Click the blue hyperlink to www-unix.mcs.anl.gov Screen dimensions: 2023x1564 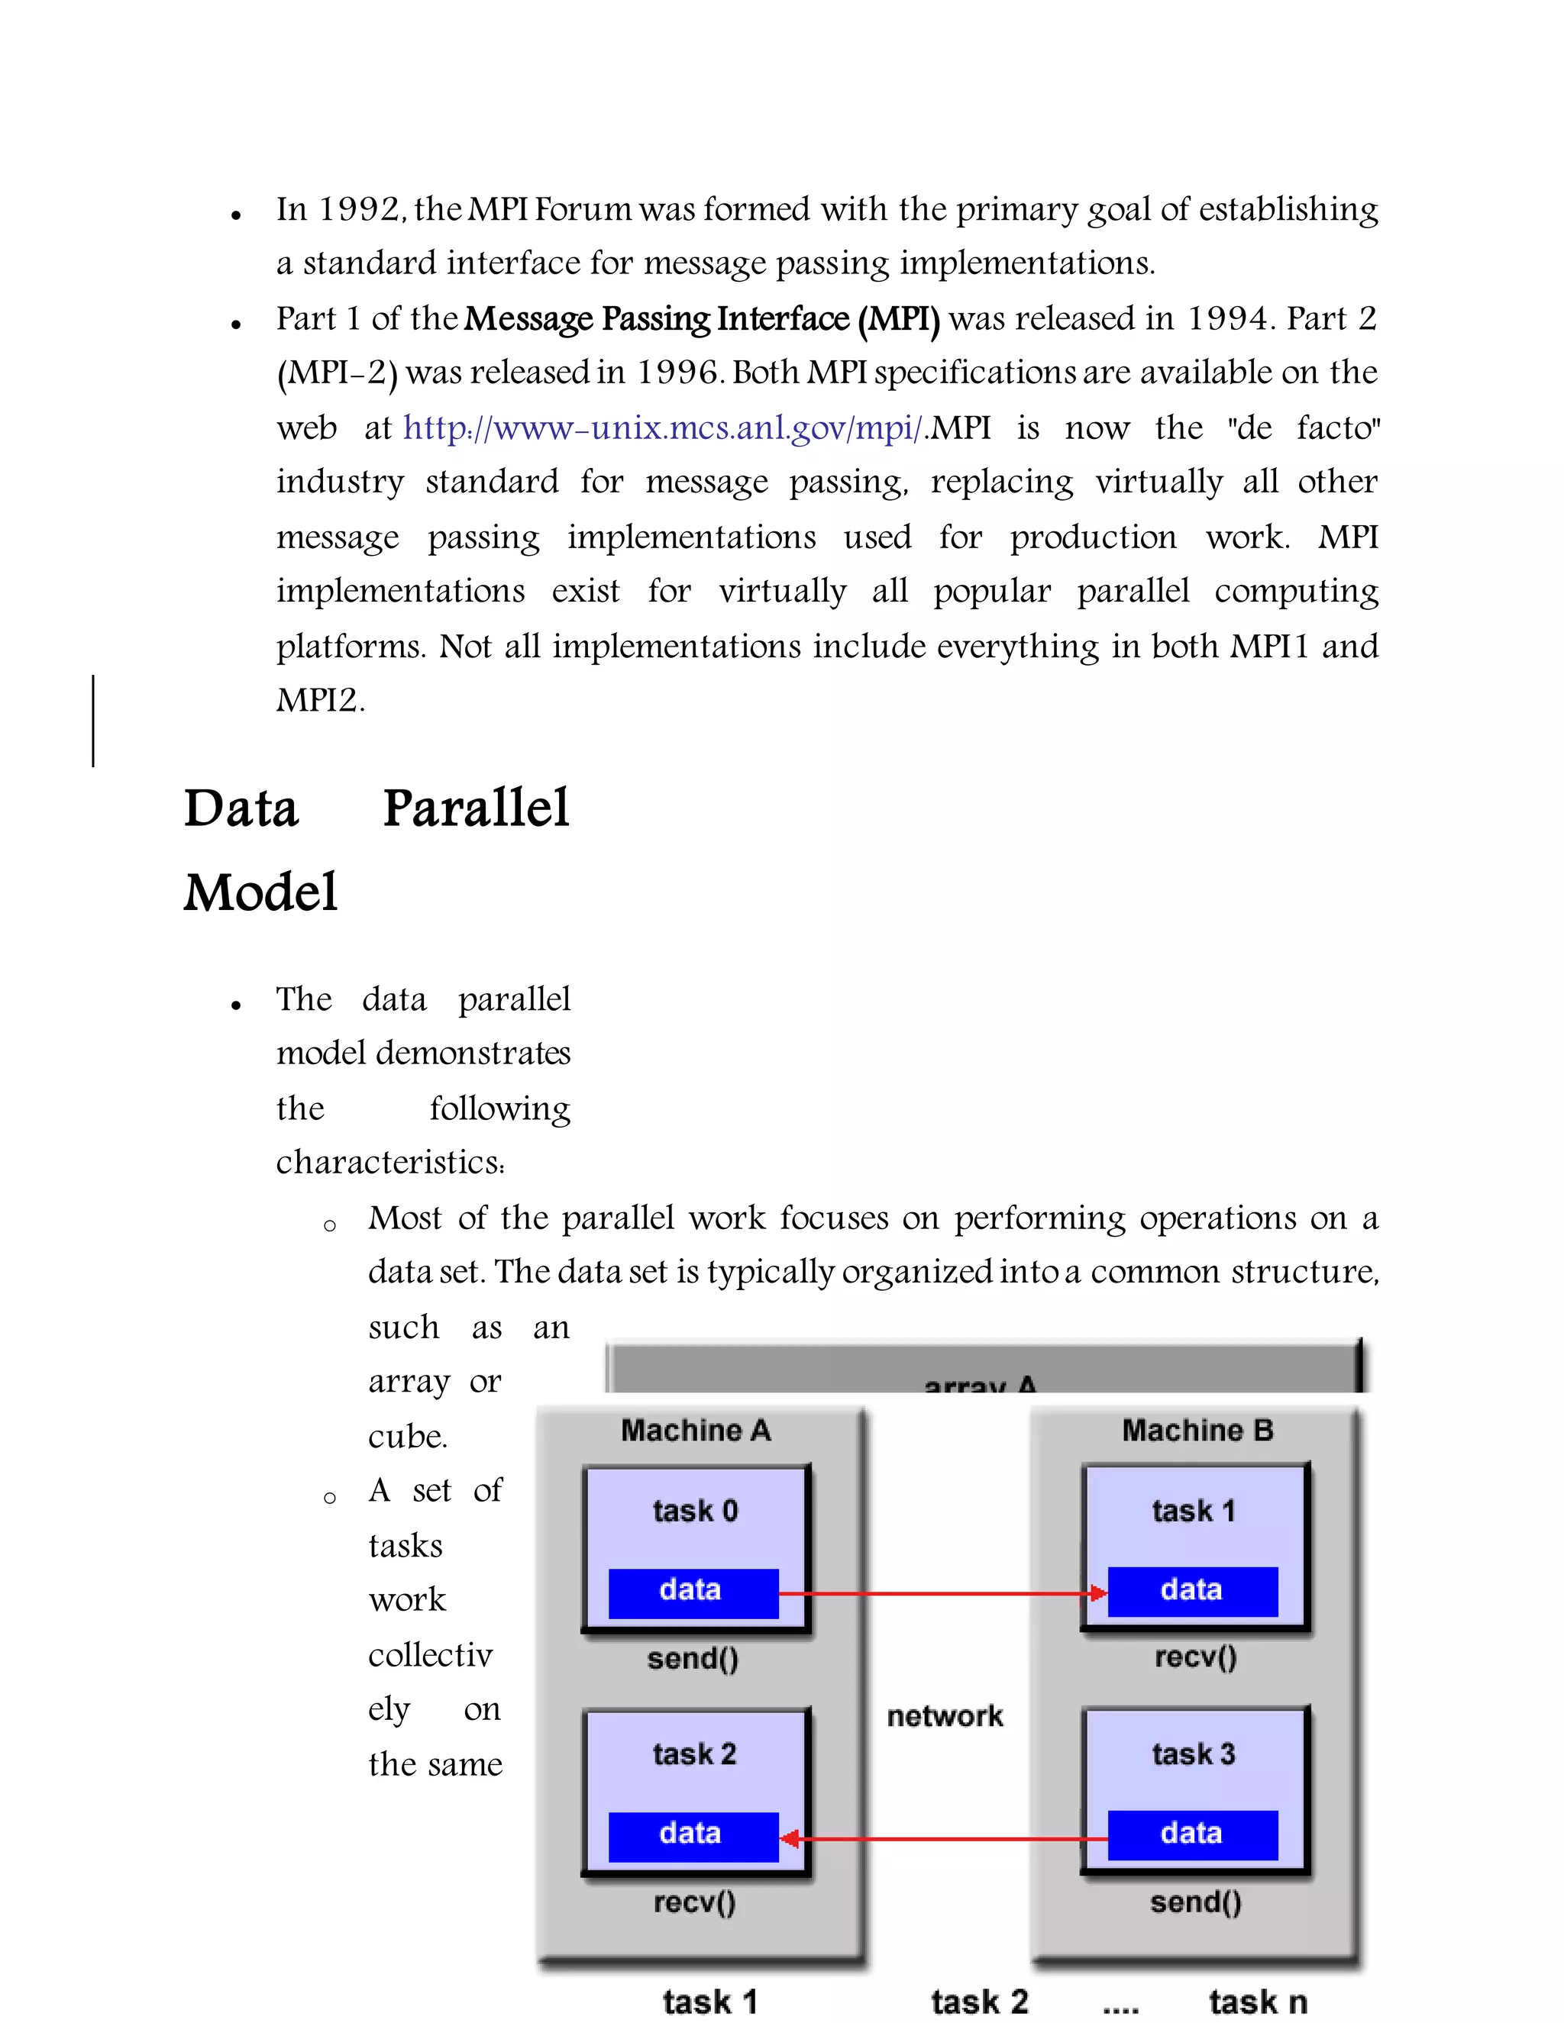662,428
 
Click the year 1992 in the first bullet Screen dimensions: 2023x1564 360,209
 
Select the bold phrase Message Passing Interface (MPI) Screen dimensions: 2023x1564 701,318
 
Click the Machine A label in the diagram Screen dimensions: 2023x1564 695,1430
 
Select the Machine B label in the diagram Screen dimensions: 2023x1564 1197,1430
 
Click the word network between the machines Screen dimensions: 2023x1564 944,1715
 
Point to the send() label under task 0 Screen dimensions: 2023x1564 693,1658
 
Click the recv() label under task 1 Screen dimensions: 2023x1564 1195,1657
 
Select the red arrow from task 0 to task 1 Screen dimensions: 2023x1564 940,1593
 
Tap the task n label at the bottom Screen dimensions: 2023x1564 1257,2002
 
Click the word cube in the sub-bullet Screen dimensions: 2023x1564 407,1437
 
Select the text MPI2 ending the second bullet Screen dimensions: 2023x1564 320,700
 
